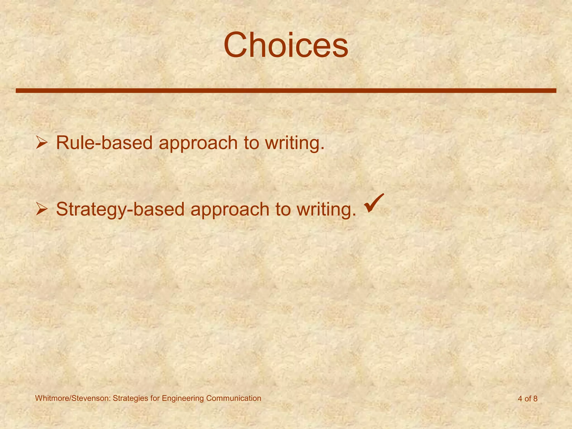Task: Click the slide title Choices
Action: (286, 45)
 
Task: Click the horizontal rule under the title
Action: (286, 90)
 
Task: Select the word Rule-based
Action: (104, 143)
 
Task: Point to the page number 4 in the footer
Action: (520, 399)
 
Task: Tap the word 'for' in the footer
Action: (155, 398)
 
